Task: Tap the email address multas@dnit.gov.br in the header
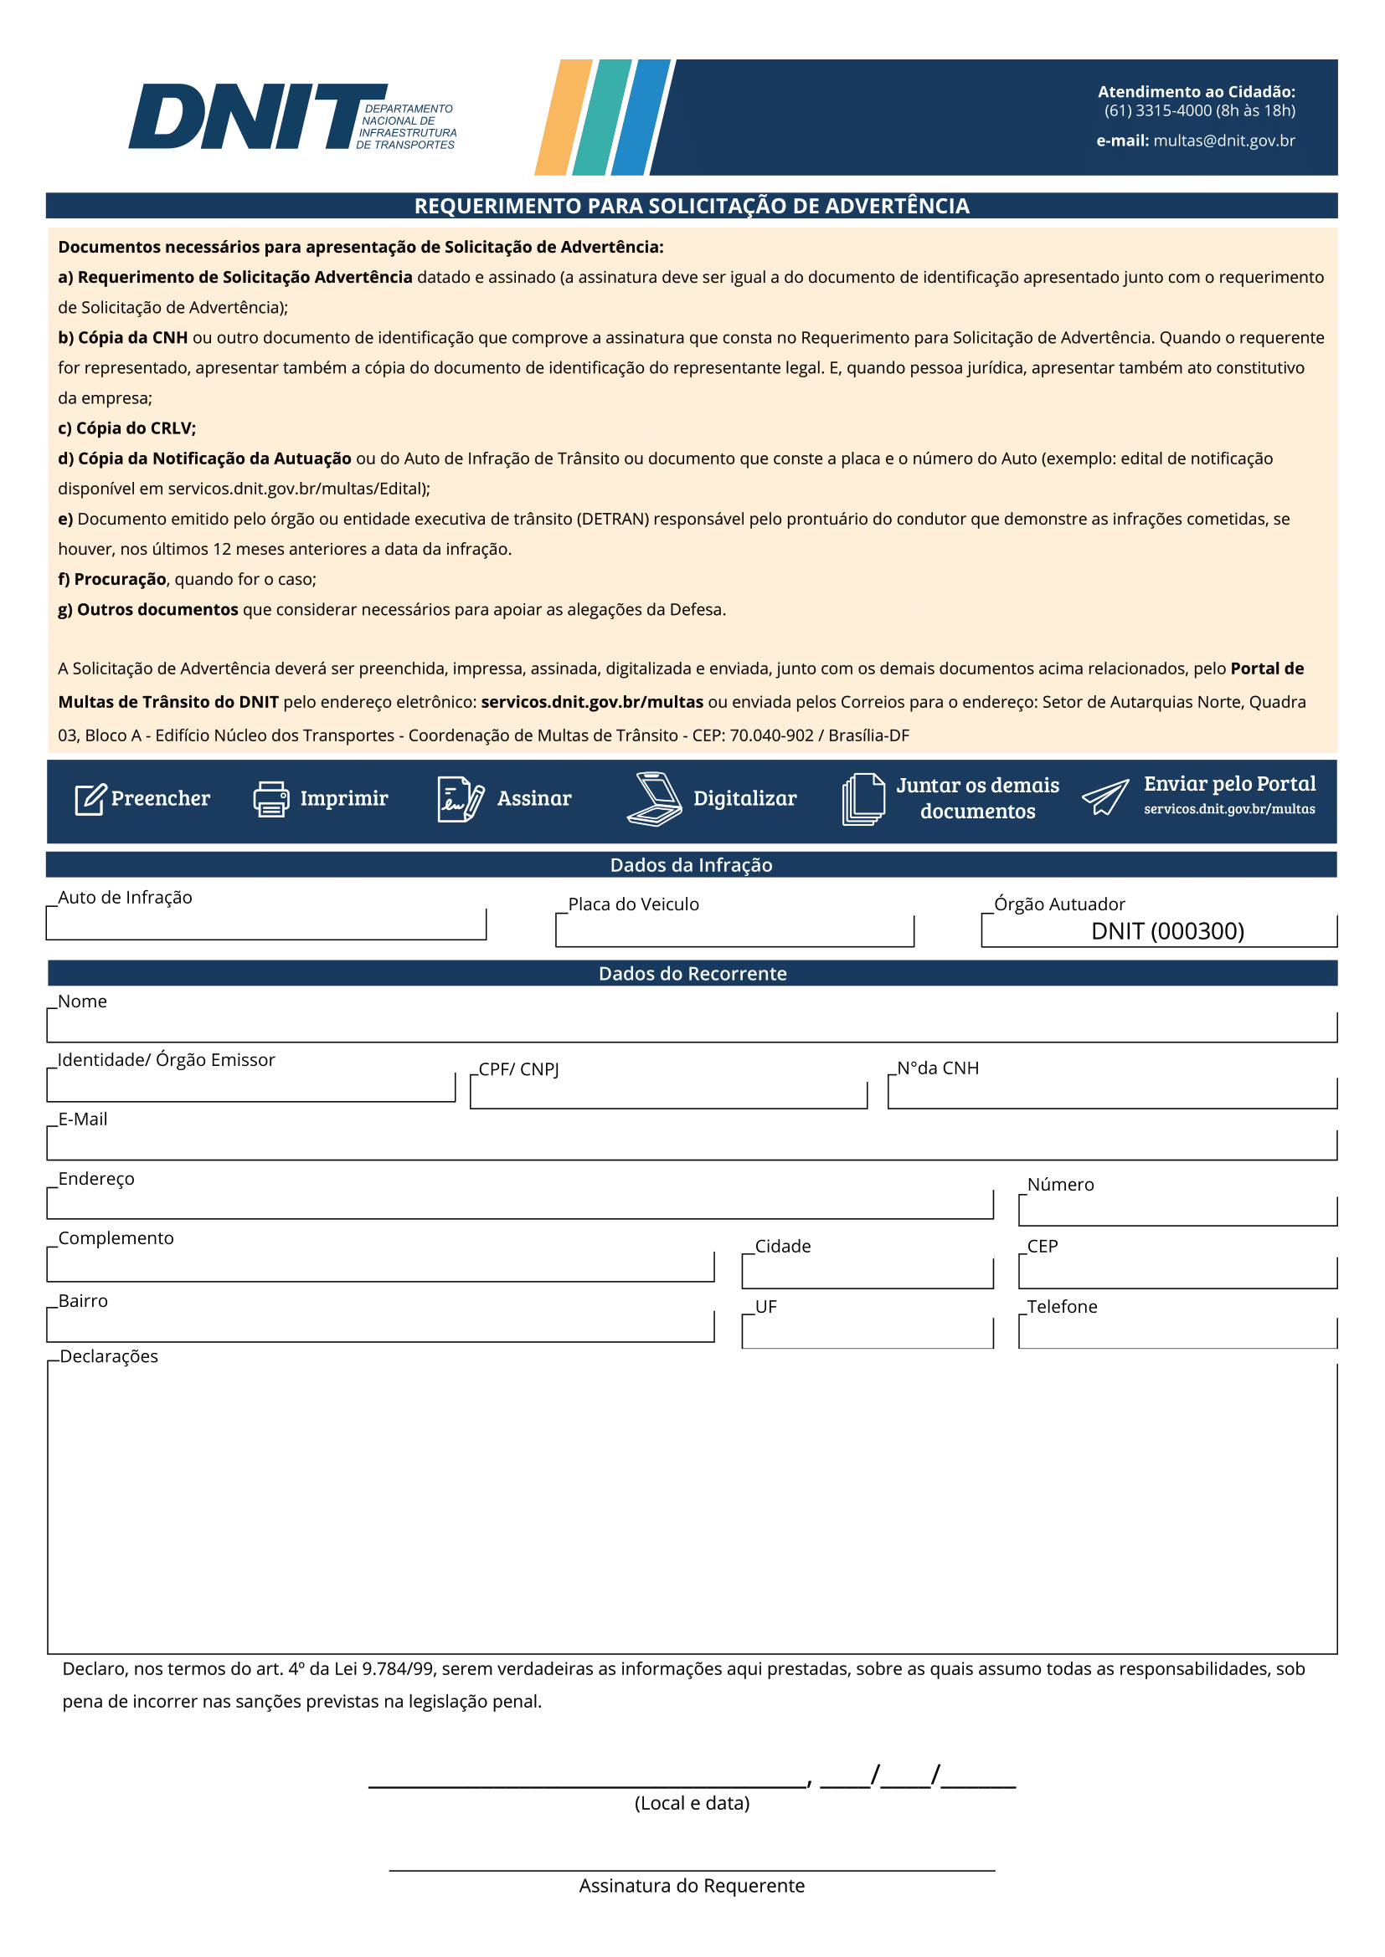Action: coord(1224,141)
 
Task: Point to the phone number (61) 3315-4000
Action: coord(1157,110)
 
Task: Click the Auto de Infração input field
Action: coord(266,924)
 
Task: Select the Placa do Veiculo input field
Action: coord(734,930)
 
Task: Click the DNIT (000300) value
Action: coord(1166,930)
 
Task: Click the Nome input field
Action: coord(692,1027)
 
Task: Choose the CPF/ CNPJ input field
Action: coord(667,1094)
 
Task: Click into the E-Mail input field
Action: coord(692,1145)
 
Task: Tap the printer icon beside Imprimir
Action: coord(271,799)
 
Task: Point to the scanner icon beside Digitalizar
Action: coord(654,799)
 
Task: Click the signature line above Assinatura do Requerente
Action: coord(692,1869)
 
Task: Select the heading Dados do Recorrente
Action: coord(692,973)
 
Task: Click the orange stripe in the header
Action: coord(564,117)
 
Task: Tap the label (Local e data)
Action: coord(692,1803)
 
